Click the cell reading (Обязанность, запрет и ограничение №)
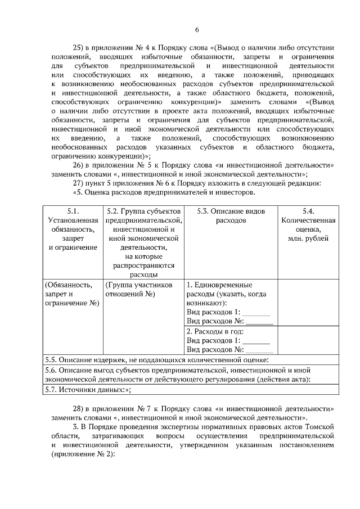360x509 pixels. pyautogui.click(x=71, y=294)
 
